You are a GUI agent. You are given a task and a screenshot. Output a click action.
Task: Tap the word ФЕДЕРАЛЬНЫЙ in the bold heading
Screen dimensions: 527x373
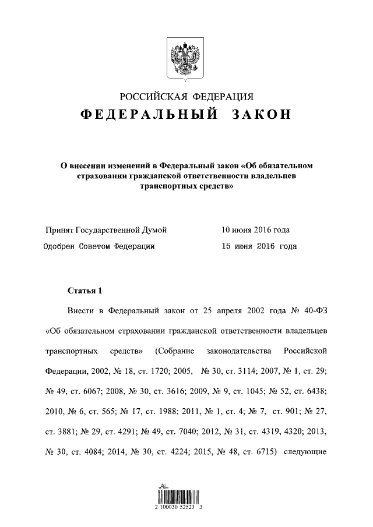click(x=149, y=115)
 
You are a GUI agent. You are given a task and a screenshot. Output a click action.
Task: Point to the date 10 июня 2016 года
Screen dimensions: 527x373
click(x=255, y=230)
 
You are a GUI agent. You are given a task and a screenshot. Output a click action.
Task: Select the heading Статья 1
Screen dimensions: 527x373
click(x=85, y=291)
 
